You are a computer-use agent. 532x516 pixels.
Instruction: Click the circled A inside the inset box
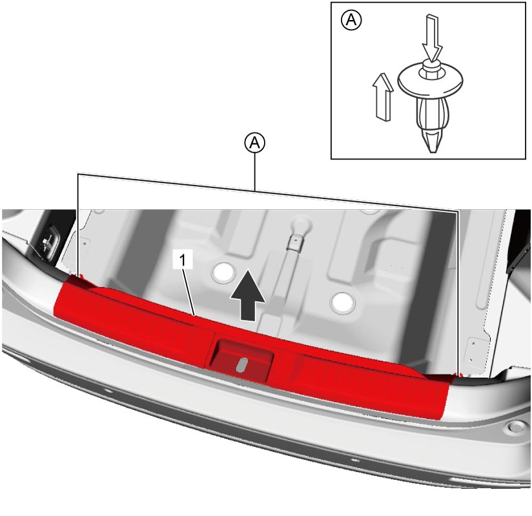[351, 20]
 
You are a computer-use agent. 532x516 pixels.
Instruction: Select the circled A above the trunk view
[255, 143]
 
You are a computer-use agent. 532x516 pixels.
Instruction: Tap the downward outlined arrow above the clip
[431, 38]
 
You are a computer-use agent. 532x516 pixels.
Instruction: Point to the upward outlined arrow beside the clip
[383, 97]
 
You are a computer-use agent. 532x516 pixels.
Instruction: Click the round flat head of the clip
[430, 78]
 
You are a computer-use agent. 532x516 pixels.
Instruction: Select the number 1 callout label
[183, 260]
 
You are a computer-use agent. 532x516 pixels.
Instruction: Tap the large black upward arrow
[248, 295]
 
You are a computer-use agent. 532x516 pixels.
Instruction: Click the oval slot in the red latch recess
[241, 366]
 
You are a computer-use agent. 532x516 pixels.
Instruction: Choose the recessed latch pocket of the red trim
[241, 362]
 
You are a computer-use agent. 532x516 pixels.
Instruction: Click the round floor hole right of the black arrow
[343, 302]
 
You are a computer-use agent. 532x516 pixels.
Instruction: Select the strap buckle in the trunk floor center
[294, 243]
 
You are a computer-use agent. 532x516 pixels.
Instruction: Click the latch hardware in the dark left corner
[48, 240]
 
